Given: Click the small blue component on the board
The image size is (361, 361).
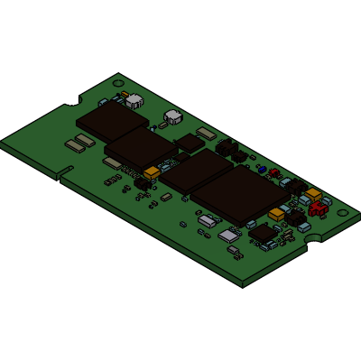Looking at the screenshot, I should (x=262, y=169).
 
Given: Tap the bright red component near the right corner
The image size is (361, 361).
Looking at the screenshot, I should (x=317, y=209).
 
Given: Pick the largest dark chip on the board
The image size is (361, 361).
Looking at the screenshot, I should (x=233, y=193).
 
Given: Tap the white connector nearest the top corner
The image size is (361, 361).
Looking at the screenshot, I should (x=134, y=100).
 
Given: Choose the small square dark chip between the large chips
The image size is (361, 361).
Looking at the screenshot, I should (x=190, y=143).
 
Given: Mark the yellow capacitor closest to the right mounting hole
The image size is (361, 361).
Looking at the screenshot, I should (x=313, y=193).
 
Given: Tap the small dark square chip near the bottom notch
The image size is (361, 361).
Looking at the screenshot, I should (x=264, y=233).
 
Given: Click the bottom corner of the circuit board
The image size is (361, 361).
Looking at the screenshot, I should (x=244, y=287).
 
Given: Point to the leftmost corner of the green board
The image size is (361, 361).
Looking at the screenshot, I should (x=2, y=140).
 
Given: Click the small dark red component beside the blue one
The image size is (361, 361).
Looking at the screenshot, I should (x=273, y=172).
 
